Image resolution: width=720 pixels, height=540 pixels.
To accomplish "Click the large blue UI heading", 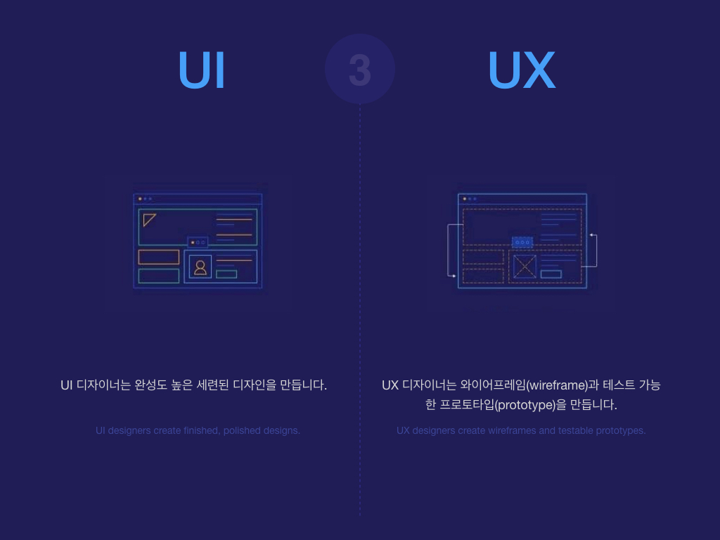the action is coord(202,70).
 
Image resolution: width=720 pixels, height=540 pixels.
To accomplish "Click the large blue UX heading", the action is coord(522,70).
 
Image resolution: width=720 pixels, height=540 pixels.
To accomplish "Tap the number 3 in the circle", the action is coord(360,70).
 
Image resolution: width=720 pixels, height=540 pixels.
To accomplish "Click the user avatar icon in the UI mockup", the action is coord(200,266).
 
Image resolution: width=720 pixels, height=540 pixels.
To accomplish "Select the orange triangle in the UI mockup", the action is coord(148,219).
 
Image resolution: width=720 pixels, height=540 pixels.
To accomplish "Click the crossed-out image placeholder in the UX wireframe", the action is coord(525,266).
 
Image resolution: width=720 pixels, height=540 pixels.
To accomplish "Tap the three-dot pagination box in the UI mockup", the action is coord(198,242).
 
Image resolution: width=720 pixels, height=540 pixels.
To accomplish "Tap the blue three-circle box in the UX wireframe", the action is coord(522,242).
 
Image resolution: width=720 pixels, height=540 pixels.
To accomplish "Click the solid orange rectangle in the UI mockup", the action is coord(159,257).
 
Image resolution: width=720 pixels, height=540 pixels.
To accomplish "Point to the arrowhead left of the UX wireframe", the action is coord(454,276).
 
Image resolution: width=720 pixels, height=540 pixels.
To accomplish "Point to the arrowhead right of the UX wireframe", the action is coord(591,235).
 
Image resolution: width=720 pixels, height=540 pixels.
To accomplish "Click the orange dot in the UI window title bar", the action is coord(140,199).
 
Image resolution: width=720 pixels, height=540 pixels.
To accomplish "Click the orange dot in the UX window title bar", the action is coord(465,199).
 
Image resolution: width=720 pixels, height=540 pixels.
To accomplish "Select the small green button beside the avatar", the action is coord(226,274).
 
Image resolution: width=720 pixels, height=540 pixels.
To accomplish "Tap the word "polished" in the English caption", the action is coord(242,431).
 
